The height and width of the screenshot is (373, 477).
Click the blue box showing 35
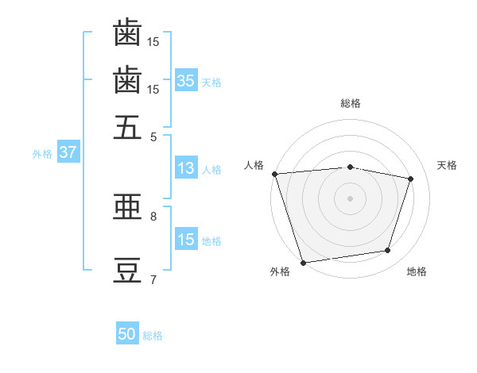click(186, 80)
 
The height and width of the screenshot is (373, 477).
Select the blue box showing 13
click(186, 167)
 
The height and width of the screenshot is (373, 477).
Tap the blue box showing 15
click(186, 238)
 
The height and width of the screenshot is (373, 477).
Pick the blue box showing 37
click(68, 152)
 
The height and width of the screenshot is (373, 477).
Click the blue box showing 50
click(127, 333)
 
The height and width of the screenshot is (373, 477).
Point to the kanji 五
click(127, 127)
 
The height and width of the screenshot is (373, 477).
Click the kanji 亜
click(127, 206)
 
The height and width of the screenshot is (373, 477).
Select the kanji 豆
click(127, 271)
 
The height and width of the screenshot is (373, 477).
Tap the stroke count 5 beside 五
click(153, 137)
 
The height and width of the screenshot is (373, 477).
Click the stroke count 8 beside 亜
click(153, 217)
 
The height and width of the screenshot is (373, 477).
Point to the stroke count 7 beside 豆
click(153, 279)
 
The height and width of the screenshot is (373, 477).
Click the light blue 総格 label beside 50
click(153, 336)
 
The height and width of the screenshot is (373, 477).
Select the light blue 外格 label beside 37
click(42, 154)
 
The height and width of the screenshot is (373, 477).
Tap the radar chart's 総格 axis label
click(351, 103)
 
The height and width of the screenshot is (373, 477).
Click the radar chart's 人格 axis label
click(254, 165)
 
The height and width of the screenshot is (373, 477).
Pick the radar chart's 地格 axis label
click(417, 271)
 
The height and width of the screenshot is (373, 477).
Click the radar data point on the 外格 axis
click(303, 263)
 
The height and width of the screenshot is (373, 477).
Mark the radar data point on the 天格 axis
click(410, 179)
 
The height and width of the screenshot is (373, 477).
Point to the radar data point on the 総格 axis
click(350, 167)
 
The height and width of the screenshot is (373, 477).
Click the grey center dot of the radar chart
click(350, 198)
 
